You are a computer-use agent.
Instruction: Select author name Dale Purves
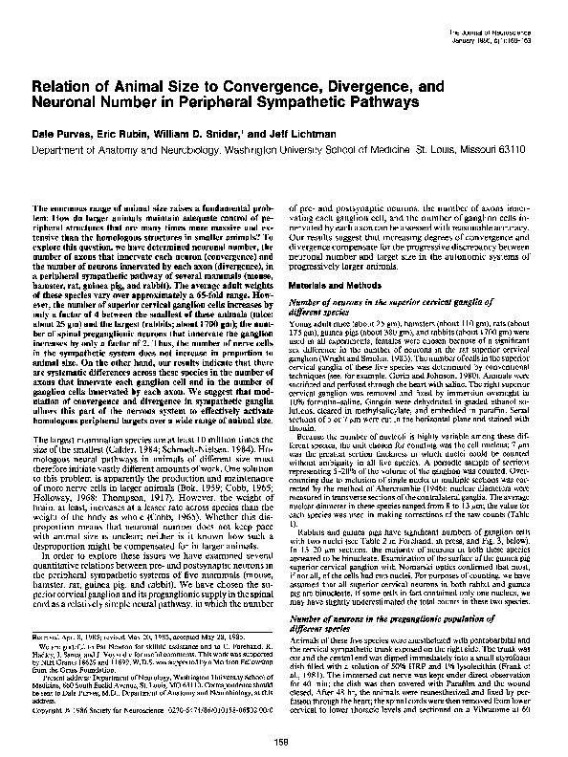pos(66,130)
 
